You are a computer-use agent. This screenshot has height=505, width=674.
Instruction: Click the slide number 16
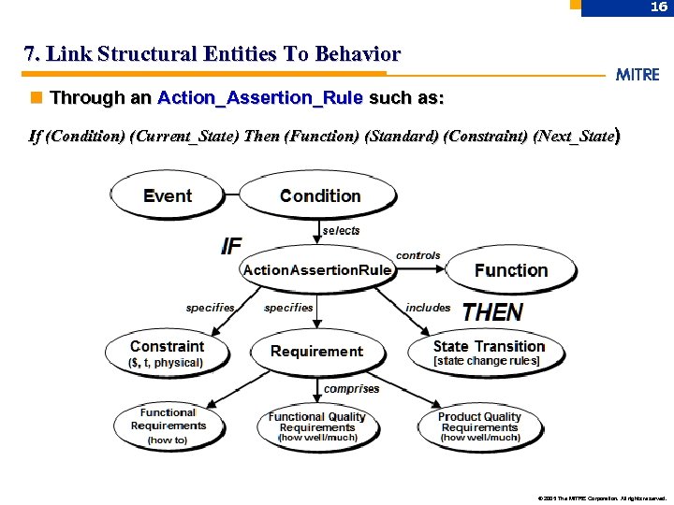point(658,7)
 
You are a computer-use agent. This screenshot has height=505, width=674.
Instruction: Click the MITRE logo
point(637,75)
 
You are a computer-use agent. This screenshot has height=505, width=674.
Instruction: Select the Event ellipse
point(168,196)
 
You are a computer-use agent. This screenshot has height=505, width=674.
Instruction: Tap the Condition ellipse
point(320,196)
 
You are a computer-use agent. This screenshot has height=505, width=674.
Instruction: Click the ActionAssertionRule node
point(316,270)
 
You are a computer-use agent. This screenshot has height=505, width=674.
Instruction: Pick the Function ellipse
point(511,270)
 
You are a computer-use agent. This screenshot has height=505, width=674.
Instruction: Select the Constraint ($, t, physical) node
point(167,353)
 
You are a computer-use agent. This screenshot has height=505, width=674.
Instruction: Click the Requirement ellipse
point(316,352)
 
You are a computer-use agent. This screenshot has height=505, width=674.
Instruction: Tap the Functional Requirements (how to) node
point(168,426)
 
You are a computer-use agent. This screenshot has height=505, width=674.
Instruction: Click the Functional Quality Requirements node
point(316,426)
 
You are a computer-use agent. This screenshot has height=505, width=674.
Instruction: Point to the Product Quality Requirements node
point(479,426)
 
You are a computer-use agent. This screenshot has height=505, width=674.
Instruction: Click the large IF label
point(231,246)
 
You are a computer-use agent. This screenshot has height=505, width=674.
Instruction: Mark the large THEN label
point(492,312)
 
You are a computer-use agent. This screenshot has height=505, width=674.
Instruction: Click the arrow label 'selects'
point(341,230)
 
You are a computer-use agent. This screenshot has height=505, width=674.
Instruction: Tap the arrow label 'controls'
point(418,255)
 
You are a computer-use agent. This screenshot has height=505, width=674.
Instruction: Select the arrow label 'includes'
point(428,308)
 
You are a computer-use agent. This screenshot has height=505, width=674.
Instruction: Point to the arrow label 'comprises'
point(351,388)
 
